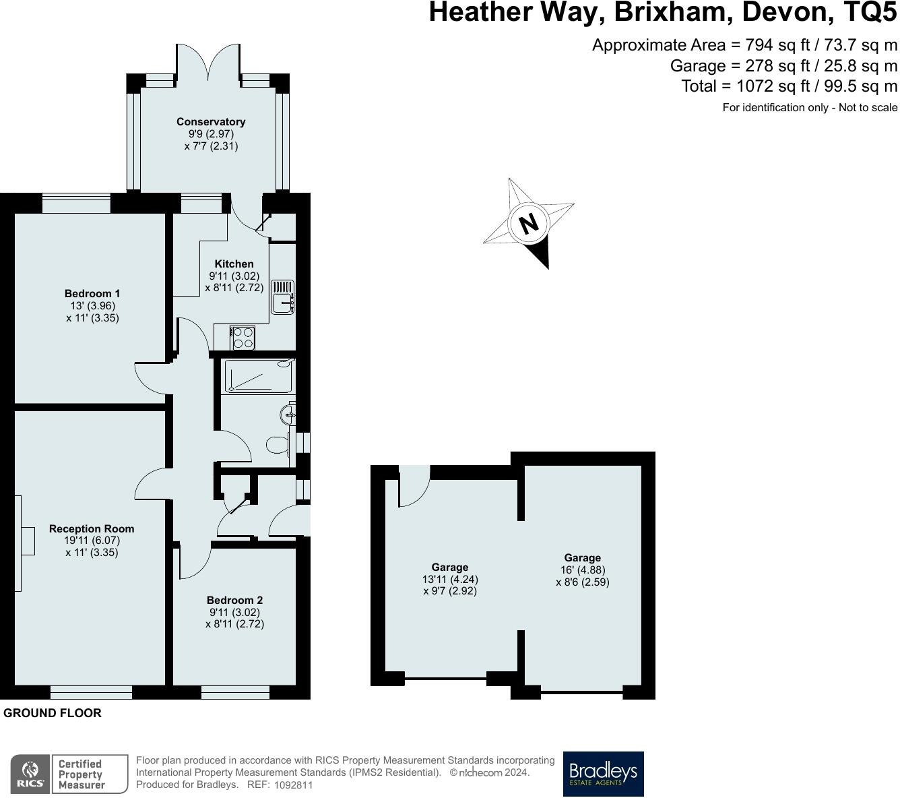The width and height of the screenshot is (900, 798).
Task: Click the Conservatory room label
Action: tap(210, 122)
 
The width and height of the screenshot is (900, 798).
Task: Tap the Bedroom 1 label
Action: tap(92, 294)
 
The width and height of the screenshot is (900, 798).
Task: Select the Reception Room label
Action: tap(92, 529)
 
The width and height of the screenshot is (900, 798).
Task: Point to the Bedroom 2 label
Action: tap(234, 601)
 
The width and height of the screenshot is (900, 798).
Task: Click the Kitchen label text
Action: tap(234, 264)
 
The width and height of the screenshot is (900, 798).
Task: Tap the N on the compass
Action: tap(529, 223)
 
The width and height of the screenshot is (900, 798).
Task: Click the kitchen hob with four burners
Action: tap(242, 338)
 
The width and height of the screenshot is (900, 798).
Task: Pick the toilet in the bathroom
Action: tap(278, 444)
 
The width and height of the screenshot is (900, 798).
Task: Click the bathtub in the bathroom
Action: tap(259, 376)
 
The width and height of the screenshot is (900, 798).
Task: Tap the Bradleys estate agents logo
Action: tap(603, 774)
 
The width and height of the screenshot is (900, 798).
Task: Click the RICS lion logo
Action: tap(30, 774)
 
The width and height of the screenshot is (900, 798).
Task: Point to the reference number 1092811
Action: tap(294, 785)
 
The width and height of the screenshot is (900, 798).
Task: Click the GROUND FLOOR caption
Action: tap(53, 713)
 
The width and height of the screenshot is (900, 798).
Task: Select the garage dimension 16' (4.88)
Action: tap(582, 570)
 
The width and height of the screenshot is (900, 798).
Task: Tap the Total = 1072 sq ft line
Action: tap(789, 86)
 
